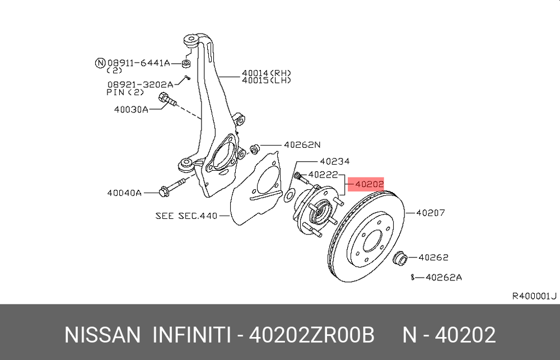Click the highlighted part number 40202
pyautogui.click(x=369, y=184)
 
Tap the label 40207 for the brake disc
pyautogui.click(x=431, y=213)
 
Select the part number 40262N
pyautogui.click(x=302, y=144)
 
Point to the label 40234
pyautogui.click(x=335, y=161)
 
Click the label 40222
pyautogui.click(x=323, y=175)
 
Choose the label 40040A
pyautogui.click(x=124, y=193)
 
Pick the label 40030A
pyautogui.click(x=131, y=109)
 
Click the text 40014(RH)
pyautogui.click(x=267, y=73)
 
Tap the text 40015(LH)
pyautogui.click(x=267, y=81)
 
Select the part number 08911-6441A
pyautogui.click(x=138, y=63)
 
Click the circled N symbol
pyautogui.click(x=100, y=63)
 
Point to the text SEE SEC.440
pyautogui.click(x=186, y=216)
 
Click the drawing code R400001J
pyautogui.click(x=534, y=296)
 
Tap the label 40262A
pyautogui.click(x=444, y=277)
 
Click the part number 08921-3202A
pyautogui.click(x=140, y=85)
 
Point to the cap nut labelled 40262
pyautogui.click(x=400, y=258)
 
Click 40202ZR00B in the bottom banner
pyautogui.click(x=311, y=335)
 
